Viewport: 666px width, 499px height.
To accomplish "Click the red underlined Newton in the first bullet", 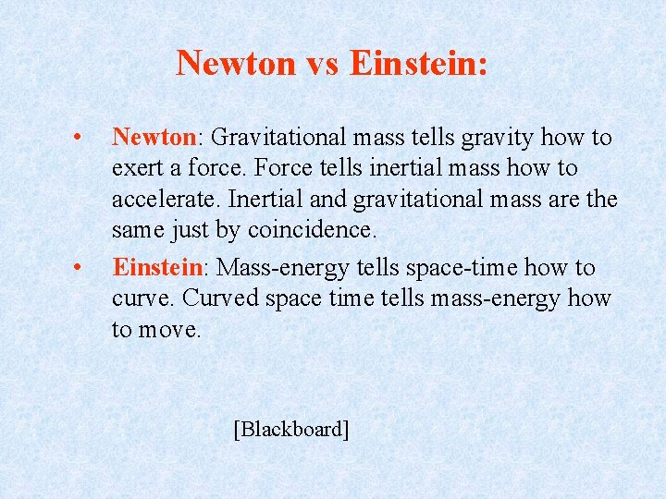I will pos(153,138).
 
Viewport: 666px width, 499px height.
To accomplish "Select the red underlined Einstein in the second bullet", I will pos(157,268).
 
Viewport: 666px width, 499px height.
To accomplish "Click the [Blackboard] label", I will pos(291,429).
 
